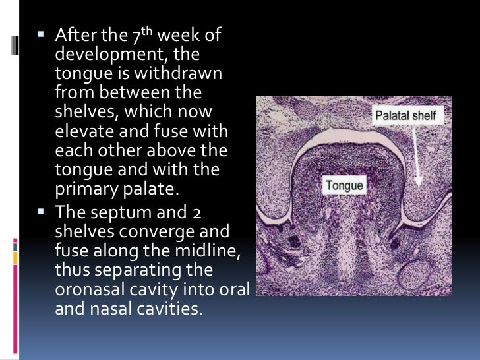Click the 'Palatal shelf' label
tap(405, 115)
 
